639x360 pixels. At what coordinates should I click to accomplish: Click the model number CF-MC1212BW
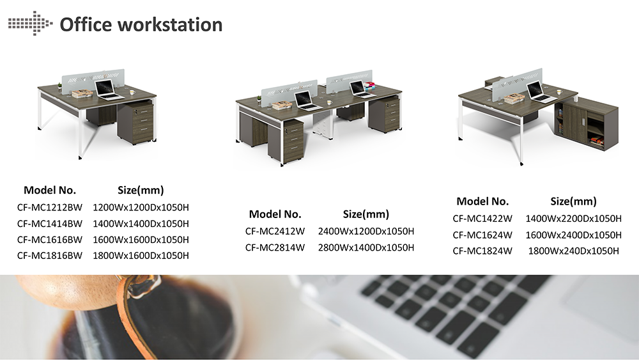click(50, 208)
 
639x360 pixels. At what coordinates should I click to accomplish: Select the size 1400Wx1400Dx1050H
click(141, 223)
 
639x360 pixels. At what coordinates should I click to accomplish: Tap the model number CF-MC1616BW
click(50, 240)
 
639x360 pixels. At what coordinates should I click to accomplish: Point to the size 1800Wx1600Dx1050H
click(141, 256)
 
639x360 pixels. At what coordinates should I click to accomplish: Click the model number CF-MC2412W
click(275, 231)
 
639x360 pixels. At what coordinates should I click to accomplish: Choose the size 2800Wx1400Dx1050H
click(366, 247)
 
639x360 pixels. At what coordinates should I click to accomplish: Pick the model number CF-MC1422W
click(482, 219)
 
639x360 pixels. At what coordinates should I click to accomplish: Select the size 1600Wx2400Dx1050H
click(573, 235)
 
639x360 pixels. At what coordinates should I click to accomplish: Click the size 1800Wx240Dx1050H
click(573, 251)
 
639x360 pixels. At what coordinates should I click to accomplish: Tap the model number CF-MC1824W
click(482, 251)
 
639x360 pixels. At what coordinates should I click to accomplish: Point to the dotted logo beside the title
click(30, 23)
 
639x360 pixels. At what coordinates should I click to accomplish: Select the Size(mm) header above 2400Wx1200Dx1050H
click(366, 214)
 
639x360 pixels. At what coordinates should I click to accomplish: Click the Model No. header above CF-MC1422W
click(482, 201)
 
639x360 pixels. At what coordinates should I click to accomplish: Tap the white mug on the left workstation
click(132, 93)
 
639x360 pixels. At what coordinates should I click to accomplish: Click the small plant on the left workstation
click(60, 86)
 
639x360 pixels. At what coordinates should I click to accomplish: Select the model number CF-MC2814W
click(275, 247)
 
